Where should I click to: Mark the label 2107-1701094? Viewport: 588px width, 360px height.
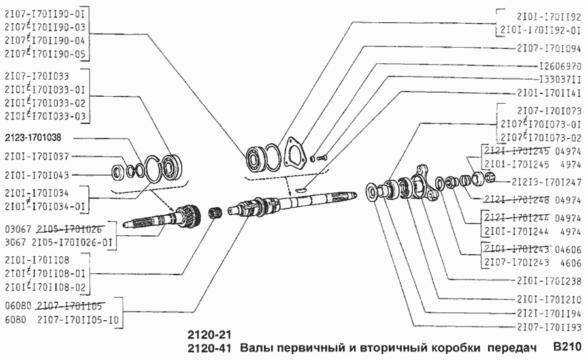point(548,48)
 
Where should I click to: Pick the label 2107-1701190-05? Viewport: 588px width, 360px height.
point(45,54)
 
